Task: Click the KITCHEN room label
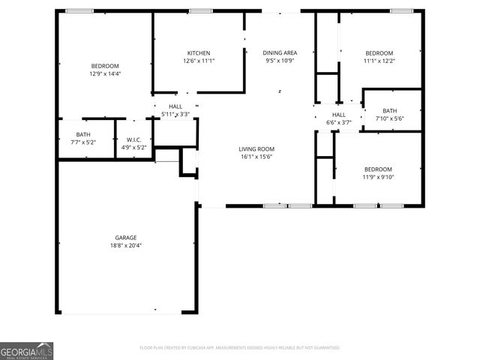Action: [199, 52]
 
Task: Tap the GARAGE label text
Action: [125, 238]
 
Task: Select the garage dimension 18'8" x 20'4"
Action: [125, 245]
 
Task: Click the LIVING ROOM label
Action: [256, 148]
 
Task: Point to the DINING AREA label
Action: [280, 52]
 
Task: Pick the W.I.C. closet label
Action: [134, 139]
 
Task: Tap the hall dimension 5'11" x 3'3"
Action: [175, 114]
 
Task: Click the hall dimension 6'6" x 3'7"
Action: [339, 122]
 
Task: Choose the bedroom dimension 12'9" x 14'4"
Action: [105, 73]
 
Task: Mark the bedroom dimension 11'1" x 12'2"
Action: [379, 61]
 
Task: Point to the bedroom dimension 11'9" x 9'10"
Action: [378, 177]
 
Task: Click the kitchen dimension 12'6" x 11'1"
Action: [199, 61]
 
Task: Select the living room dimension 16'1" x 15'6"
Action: [256, 157]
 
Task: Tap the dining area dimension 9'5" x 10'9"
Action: [280, 61]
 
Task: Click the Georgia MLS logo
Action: [27, 351]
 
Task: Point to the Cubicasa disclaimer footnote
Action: [240, 348]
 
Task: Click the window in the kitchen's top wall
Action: [199, 11]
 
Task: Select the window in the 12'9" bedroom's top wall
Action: [79, 11]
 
